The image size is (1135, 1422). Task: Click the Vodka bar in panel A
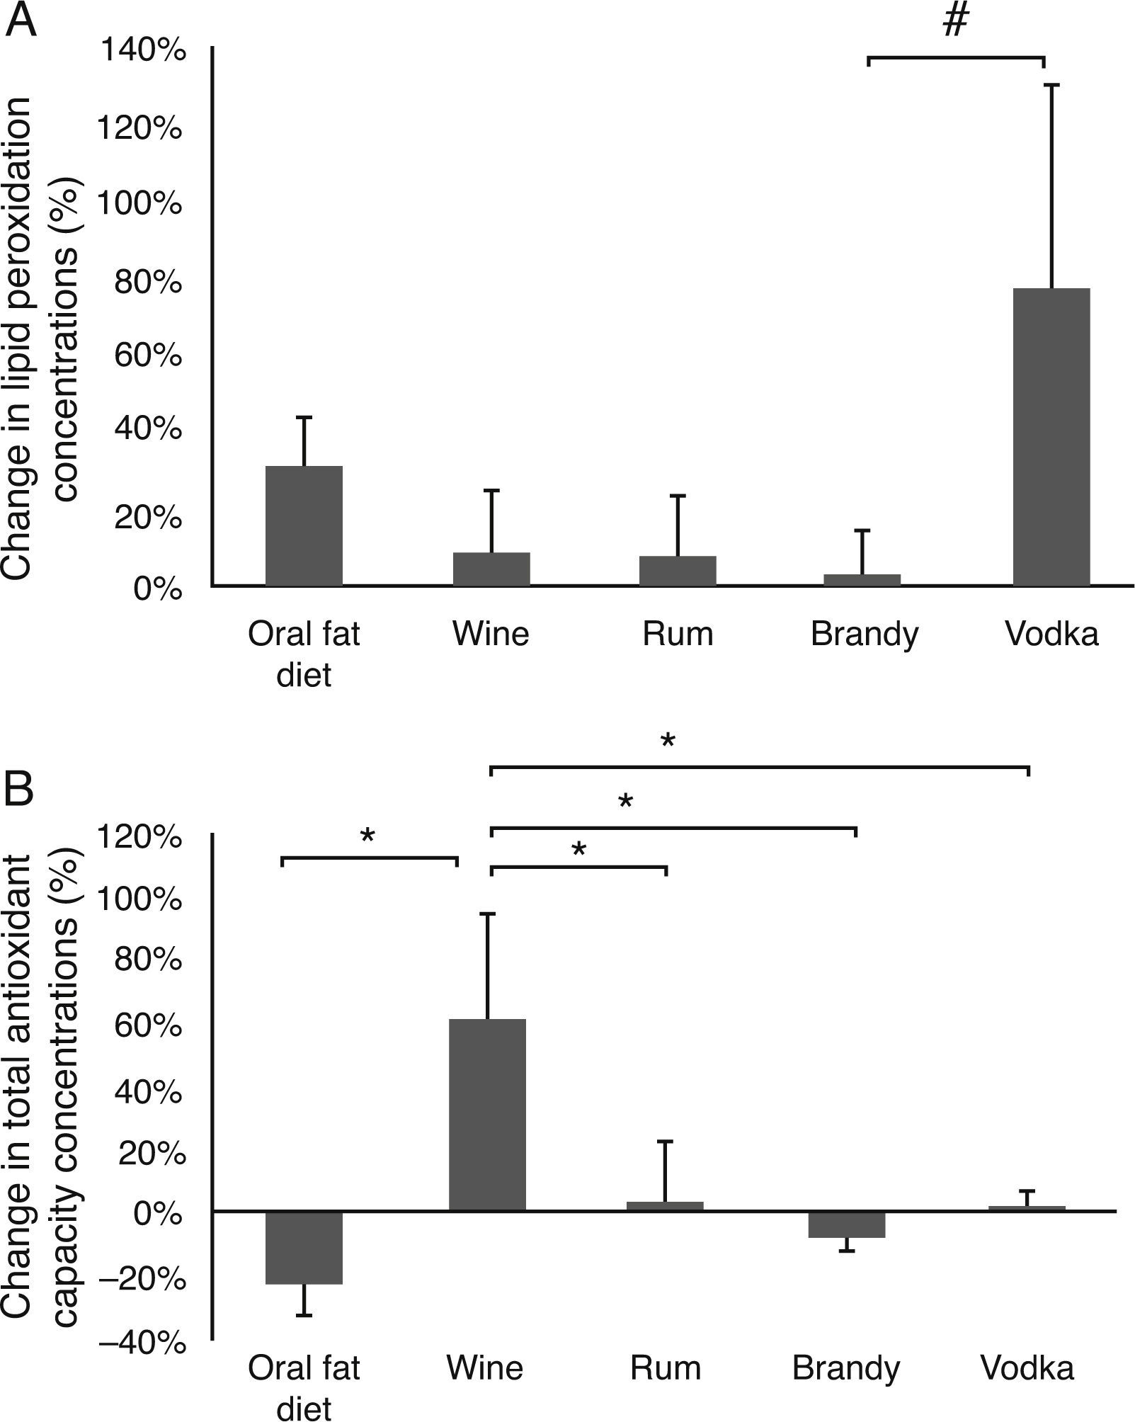[x=1051, y=437]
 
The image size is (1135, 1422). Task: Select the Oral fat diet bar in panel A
[x=304, y=525]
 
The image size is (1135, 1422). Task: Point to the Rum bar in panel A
[x=678, y=571]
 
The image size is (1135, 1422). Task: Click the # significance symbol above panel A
[x=955, y=23]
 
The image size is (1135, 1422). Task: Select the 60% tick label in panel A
[x=147, y=355]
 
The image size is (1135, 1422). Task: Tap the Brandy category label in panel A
[x=864, y=634]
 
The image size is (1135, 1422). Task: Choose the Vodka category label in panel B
[x=1027, y=1367]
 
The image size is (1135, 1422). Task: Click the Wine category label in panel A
[x=491, y=634]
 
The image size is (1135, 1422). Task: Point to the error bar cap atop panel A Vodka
[x=1051, y=85]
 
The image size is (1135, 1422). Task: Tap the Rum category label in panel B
[x=666, y=1367]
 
